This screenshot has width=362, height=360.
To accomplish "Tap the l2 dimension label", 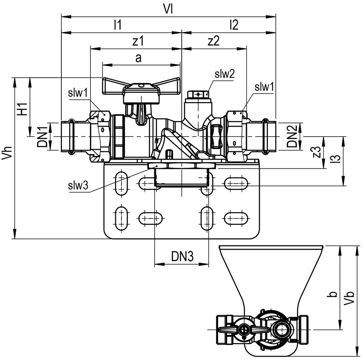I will (234, 25).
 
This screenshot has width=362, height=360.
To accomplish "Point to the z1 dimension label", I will (138, 41).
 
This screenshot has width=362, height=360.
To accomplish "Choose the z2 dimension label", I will (214, 41).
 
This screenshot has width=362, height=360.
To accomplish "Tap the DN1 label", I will (42, 137).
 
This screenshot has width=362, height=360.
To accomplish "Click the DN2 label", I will (292, 137).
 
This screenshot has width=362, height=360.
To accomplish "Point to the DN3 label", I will (182, 256).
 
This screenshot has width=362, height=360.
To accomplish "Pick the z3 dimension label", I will (318, 153).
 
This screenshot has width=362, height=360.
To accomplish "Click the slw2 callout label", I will (224, 74).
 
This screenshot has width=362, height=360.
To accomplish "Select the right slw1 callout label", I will (264, 87).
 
